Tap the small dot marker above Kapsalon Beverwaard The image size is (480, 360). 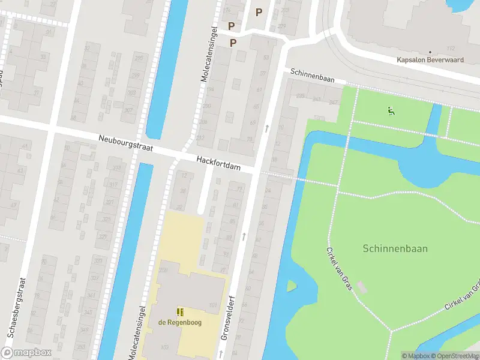[x=430, y=52]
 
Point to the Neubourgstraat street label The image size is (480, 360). [x=126, y=143]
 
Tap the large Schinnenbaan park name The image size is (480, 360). [x=395, y=248]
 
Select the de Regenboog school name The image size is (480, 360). [x=180, y=322]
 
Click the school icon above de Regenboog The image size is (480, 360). [x=180, y=312]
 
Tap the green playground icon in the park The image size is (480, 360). [x=391, y=110]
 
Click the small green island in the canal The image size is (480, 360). [x=291, y=286]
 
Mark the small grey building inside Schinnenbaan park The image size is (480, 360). [x=361, y=287]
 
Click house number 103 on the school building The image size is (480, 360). [x=164, y=347]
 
